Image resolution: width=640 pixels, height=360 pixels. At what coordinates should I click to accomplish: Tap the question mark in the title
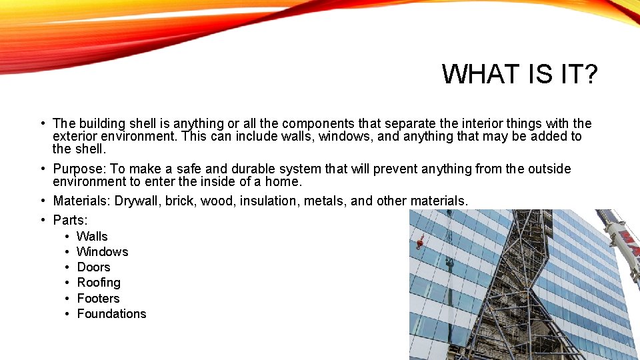pos(590,74)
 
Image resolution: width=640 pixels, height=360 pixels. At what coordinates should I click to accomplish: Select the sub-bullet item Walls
pos(92,236)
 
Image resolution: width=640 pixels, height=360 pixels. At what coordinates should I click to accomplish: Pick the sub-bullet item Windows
pos(102,251)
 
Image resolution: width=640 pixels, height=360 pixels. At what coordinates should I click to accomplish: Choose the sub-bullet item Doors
pos(93,267)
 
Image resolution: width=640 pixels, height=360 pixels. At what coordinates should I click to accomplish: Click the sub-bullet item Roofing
pos(99,283)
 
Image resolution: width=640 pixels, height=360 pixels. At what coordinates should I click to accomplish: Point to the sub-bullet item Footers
pos(98,298)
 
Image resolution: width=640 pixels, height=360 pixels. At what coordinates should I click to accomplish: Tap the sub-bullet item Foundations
pos(111,313)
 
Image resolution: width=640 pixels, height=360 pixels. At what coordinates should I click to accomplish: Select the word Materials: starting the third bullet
pos(82,201)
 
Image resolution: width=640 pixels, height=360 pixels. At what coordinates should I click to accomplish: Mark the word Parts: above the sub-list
pos(71,220)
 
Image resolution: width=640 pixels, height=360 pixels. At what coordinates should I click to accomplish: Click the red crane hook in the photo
pos(419,242)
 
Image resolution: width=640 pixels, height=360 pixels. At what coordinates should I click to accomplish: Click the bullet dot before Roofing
pos(68,283)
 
